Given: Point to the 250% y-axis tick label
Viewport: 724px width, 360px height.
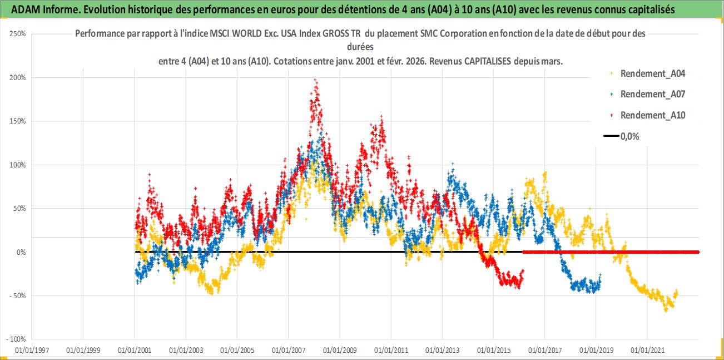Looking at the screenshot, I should pyautogui.click(x=18, y=34).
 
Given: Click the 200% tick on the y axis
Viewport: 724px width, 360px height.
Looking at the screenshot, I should pyautogui.click(x=18, y=77).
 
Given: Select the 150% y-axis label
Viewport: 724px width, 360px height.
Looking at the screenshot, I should pyautogui.click(x=18, y=121).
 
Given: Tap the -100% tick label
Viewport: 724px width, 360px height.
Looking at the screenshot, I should pyautogui.click(x=16, y=339).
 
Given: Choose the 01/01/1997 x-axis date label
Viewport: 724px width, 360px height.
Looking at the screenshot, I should pyautogui.click(x=32, y=351).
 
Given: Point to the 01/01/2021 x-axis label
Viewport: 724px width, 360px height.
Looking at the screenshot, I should pyautogui.click(x=647, y=351).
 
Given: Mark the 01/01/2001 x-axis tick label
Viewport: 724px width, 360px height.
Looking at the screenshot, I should pyautogui.click(x=134, y=351).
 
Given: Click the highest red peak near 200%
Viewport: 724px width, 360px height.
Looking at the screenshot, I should pyautogui.click(x=315, y=80).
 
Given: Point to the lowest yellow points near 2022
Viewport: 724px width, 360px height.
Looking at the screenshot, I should pyautogui.click(x=666, y=310).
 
